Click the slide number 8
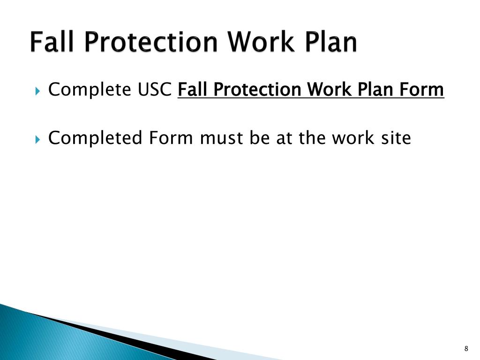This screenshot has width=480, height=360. coord(466,348)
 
